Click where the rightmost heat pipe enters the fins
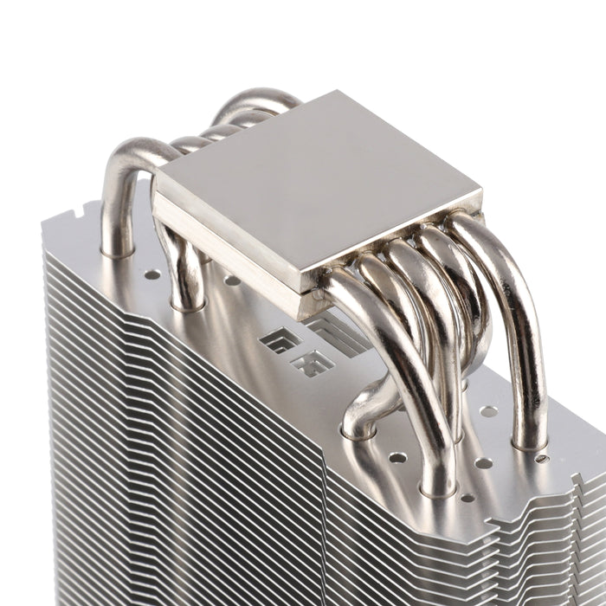tap(529, 443)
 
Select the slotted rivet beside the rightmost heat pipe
tap(542, 457)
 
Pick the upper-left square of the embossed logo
tap(271, 338)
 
